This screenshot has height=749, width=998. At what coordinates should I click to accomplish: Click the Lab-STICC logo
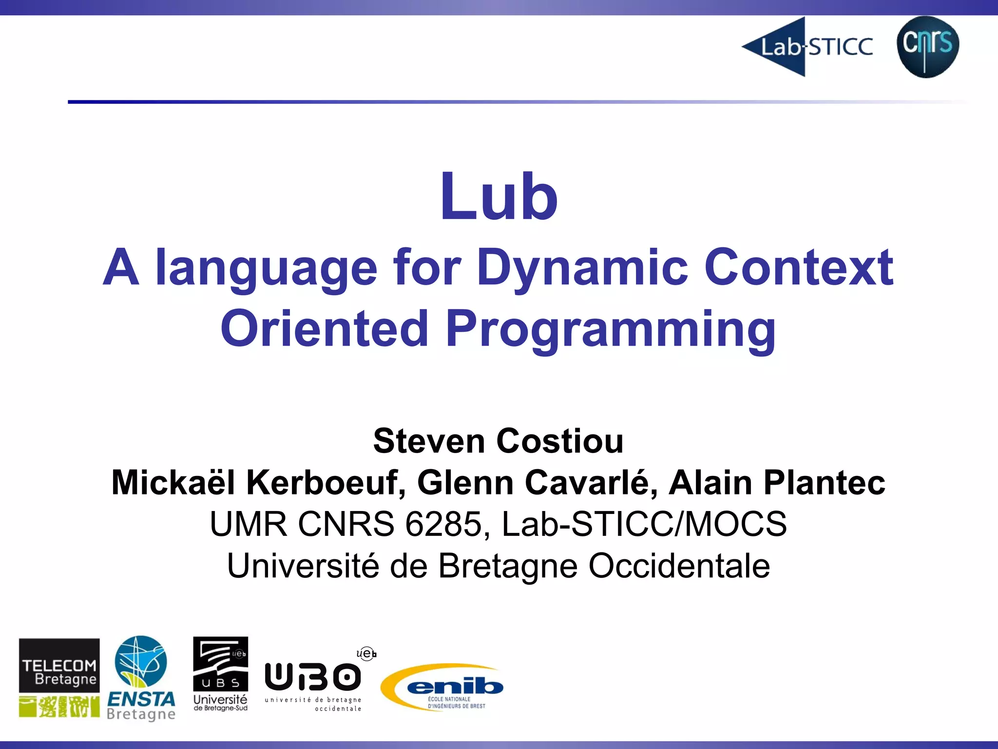[x=807, y=47]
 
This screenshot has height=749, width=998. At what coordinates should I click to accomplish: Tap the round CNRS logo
[x=927, y=46]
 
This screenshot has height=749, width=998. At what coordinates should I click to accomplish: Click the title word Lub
[x=499, y=197]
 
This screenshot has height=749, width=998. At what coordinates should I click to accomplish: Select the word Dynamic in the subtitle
[x=582, y=267]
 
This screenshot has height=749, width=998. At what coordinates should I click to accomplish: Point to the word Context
[x=799, y=267]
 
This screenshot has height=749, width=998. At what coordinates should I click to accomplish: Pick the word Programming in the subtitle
[x=611, y=329]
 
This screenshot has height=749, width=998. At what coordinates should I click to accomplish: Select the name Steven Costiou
[x=498, y=441]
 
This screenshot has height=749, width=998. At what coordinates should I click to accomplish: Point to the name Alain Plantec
[x=777, y=483]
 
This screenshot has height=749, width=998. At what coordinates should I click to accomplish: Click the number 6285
[x=443, y=524]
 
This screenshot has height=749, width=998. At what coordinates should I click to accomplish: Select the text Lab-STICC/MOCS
[x=644, y=524]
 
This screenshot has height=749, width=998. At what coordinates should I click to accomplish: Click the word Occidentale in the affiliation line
[x=679, y=566]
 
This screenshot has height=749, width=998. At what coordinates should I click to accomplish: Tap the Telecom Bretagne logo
[x=59, y=677]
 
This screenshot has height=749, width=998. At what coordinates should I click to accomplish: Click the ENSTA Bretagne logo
[x=141, y=678]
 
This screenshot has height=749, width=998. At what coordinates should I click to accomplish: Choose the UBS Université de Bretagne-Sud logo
[x=220, y=674]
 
